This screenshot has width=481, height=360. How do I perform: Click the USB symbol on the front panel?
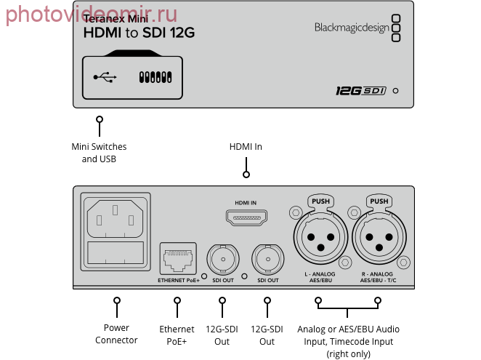[105, 77]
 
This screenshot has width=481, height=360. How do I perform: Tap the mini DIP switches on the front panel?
[155, 77]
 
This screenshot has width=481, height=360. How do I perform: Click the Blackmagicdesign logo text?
[352, 28]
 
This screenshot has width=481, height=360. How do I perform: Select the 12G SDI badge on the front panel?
[360, 91]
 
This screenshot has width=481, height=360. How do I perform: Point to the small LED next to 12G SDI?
[396, 91]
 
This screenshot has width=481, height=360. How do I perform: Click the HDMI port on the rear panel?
[246, 217]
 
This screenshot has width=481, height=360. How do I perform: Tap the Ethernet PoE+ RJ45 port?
[178, 259]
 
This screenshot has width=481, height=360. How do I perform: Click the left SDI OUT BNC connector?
[223, 259]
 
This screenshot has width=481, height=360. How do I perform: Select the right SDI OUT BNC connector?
[268, 259]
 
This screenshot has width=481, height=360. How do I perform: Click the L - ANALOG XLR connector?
[320, 237]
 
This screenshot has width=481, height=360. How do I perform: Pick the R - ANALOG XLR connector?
[379, 237]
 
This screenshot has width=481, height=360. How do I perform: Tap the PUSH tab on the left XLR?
[320, 201]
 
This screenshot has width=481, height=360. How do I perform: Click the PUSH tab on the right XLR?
[379, 201]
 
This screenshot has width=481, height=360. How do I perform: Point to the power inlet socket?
[116, 219]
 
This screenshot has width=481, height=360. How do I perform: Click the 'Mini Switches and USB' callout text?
[99, 153]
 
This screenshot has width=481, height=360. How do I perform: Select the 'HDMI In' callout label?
[246, 147]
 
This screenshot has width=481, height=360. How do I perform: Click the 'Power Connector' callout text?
[116, 334]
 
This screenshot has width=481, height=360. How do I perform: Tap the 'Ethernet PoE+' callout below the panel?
[177, 335]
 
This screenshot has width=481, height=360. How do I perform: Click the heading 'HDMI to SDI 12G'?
[139, 33]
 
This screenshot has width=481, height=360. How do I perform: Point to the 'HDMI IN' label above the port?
[246, 203]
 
